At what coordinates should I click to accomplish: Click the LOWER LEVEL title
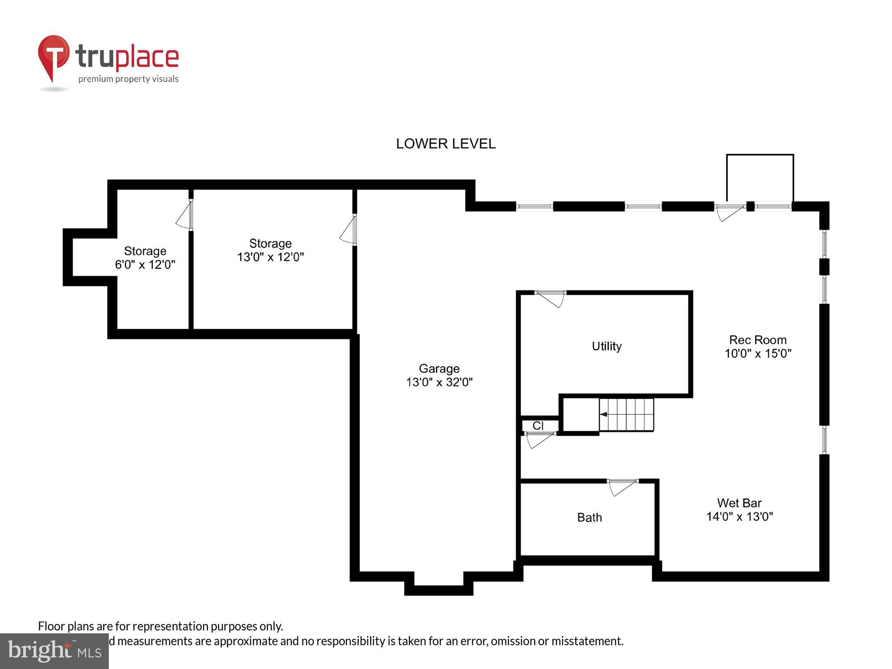coord(446,144)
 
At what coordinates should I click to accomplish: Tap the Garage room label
coord(439,368)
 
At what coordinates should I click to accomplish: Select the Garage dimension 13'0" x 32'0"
coord(439,382)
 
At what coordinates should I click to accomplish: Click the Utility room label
coord(606,346)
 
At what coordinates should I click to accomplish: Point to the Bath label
coord(589,517)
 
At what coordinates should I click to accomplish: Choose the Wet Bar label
coord(739,503)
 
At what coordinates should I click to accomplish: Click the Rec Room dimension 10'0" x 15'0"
coord(758,354)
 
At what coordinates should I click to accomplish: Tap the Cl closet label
coord(538,426)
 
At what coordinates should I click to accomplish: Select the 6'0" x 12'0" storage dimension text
coord(145,265)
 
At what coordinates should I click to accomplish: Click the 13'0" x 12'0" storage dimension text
coord(270,257)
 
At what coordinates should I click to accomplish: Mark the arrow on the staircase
coord(603,414)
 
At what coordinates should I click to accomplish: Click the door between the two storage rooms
coord(185,216)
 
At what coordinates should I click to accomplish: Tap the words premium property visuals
coord(128,79)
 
